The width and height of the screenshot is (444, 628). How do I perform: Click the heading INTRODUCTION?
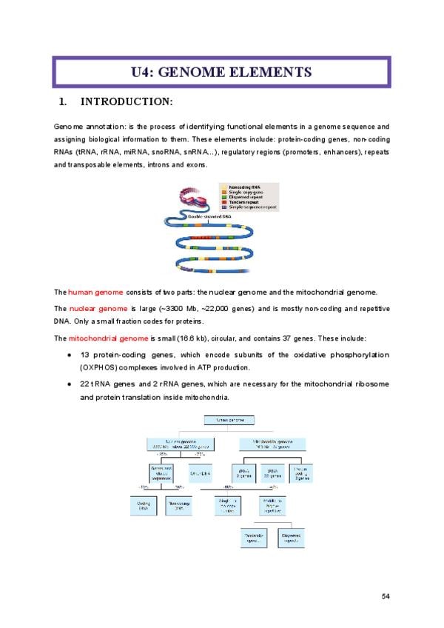(127, 101)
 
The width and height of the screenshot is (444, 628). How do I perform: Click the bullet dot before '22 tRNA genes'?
(68, 384)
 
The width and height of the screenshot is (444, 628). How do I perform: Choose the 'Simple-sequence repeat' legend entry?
(255, 207)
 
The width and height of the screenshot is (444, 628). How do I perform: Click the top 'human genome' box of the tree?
(229, 421)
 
